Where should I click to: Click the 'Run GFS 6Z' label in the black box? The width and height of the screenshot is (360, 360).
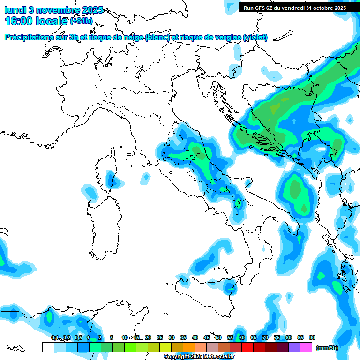[259, 8]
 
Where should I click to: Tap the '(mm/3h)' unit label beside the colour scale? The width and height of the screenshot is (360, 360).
[327, 348]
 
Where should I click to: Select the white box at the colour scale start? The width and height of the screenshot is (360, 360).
[48, 347]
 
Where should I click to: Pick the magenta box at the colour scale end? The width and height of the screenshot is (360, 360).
[307, 347]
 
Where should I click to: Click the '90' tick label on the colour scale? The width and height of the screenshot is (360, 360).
[312, 337]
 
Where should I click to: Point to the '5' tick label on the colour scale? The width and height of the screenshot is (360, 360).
[112, 337]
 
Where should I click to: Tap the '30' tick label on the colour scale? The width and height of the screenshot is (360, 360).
[172, 337]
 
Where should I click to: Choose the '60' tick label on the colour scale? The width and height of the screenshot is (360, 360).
[242, 337]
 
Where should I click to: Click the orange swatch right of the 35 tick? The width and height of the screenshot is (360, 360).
[189, 347]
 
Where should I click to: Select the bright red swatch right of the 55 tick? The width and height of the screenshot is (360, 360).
[247, 347]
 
